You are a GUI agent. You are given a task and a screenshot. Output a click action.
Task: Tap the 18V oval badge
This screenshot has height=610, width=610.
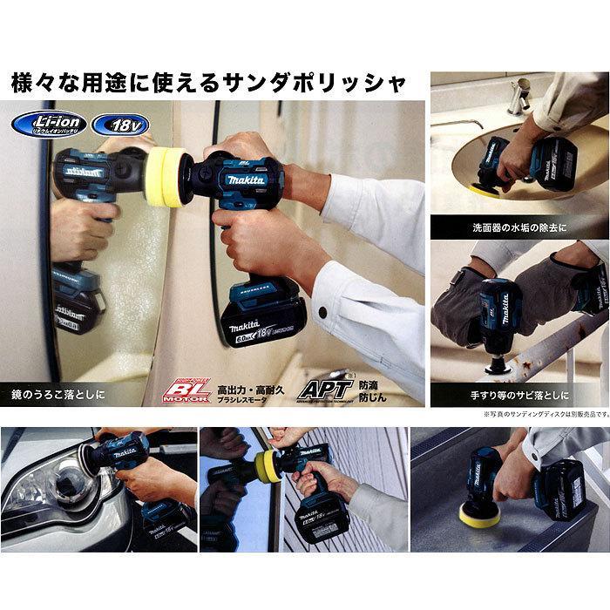(x=119, y=121)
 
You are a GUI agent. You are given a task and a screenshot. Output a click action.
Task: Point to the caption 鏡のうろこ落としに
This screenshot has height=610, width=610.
(x=59, y=394)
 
